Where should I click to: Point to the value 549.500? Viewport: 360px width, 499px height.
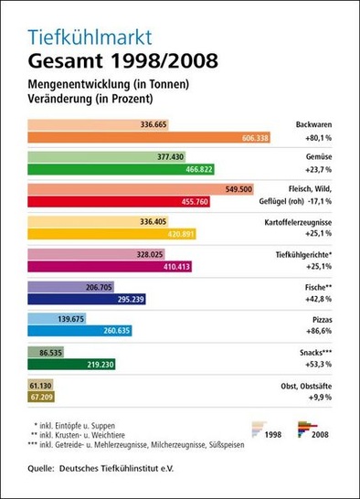click(238, 189)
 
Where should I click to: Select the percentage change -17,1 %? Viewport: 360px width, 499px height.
click(313, 202)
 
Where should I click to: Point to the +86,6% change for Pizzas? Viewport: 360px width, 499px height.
click(314, 333)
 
